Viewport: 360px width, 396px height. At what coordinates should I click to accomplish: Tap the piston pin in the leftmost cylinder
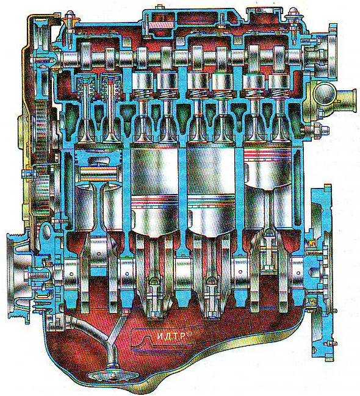(98, 173)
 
